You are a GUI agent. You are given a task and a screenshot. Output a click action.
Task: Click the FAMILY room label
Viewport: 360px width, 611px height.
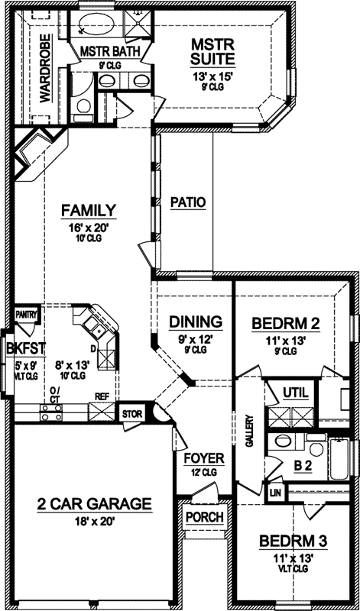[89, 210]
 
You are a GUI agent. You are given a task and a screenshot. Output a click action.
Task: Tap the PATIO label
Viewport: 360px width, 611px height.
[187, 202]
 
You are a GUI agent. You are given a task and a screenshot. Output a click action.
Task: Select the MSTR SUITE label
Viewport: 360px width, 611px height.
[212, 52]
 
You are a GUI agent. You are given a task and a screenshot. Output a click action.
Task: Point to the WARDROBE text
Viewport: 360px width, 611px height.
[44, 69]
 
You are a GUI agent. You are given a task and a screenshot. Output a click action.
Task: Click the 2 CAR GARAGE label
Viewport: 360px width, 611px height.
[94, 504]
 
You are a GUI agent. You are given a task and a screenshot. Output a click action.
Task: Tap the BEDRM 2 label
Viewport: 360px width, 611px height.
[285, 324]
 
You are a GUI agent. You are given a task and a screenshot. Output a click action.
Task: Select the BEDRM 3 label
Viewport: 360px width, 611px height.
[294, 541]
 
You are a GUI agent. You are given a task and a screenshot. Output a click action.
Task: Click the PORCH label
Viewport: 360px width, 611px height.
[205, 517]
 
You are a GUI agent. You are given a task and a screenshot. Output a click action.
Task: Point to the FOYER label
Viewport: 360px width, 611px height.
[204, 458]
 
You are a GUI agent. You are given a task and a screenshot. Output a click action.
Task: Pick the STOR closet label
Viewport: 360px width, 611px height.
[132, 415]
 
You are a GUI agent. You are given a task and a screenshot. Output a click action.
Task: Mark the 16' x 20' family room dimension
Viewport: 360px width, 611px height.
[89, 227]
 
